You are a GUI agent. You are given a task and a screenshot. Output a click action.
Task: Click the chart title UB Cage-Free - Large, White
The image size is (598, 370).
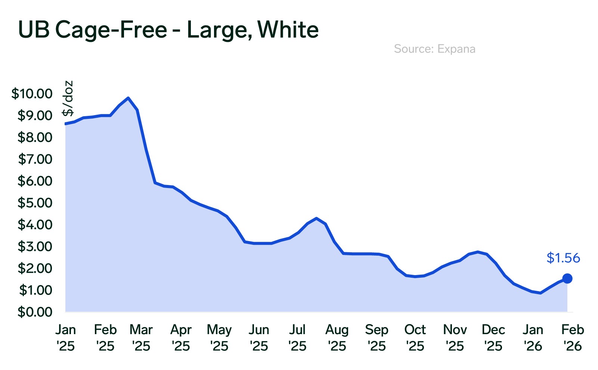[168, 30]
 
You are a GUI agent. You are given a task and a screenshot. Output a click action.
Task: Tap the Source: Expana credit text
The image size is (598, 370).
[434, 49]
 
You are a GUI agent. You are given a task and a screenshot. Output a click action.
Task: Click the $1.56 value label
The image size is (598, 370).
[563, 258]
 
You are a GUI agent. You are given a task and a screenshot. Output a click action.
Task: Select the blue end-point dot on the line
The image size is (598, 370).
[567, 278]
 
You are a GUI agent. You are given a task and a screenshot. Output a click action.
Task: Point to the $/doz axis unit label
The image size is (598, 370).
[68, 98]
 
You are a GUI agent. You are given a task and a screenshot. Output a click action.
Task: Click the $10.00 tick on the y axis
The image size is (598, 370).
[32, 93]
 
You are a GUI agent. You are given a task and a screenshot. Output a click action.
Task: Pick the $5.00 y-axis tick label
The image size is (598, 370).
[35, 203]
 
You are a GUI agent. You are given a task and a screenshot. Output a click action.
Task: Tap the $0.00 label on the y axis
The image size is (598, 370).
[35, 312]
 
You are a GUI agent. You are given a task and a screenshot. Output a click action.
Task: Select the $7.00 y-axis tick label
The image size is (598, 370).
[35, 159]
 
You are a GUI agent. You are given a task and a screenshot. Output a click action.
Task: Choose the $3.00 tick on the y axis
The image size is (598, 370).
[35, 246]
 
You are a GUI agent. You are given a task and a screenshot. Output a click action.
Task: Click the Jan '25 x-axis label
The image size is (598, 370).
[66, 338]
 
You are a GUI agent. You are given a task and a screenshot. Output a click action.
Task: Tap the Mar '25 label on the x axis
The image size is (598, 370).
[141, 338]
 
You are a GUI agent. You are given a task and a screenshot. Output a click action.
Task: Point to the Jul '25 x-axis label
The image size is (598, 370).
[297, 338]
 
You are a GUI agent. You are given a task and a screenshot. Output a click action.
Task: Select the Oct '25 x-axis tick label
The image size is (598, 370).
[415, 338]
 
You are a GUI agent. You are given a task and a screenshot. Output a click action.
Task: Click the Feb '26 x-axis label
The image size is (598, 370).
[573, 338]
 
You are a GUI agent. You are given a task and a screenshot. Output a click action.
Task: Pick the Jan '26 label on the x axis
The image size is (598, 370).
[533, 338]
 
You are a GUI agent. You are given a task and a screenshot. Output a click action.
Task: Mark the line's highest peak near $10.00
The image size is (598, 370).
[128, 98]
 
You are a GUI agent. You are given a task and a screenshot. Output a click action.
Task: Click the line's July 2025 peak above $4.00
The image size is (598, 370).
[316, 218]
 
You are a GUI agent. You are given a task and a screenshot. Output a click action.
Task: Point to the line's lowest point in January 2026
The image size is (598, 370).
[540, 293]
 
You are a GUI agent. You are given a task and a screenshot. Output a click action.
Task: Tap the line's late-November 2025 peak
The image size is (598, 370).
[478, 252]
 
